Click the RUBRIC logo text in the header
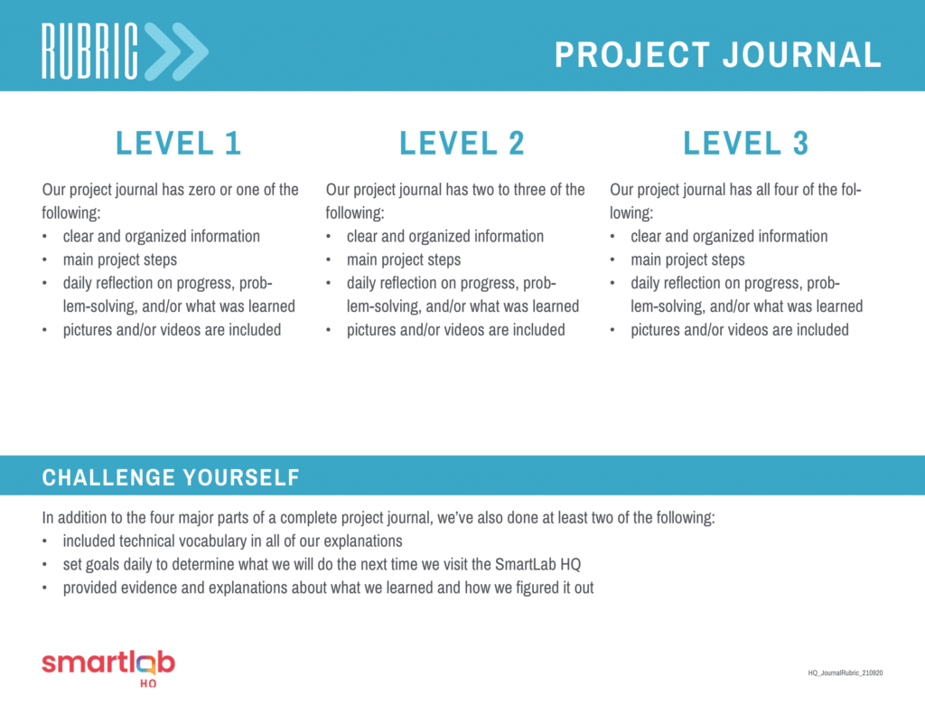[89, 52]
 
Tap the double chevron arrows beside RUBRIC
[176, 52]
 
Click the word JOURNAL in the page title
[802, 55]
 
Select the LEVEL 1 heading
[178, 143]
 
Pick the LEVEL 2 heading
[462, 143]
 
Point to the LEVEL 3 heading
[745, 143]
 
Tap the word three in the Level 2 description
[530, 190]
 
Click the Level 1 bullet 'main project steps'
[120, 259]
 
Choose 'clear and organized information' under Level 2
[445, 236]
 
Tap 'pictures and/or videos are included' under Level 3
[740, 329]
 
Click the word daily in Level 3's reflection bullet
[645, 284]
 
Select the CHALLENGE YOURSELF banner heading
[171, 477]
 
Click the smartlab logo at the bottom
[108, 668]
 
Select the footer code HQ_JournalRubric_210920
[846, 673]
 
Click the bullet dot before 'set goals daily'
[45, 565]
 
